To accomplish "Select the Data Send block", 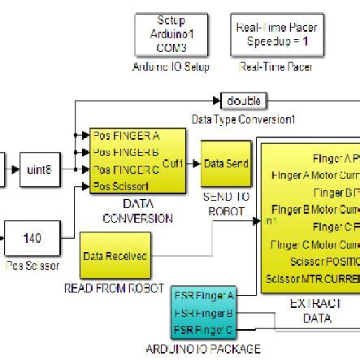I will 226,163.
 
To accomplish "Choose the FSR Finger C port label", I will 203,327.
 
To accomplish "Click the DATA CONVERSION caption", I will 137,212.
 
